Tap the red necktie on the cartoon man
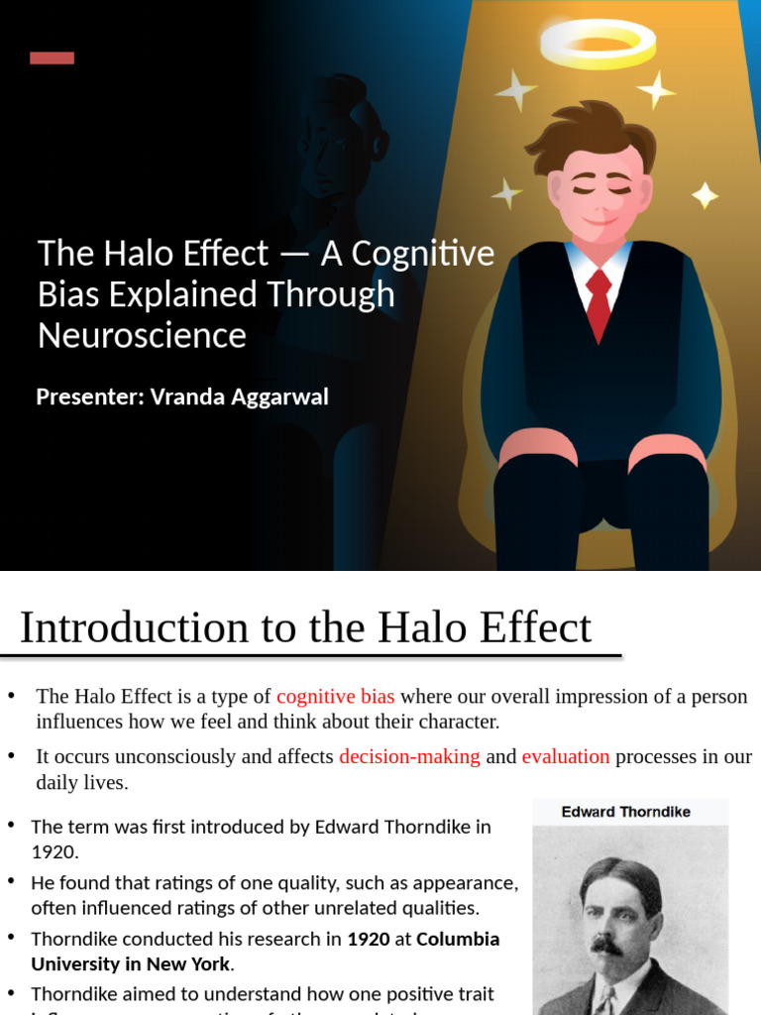[x=598, y=301]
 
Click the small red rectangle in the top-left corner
[x=52, y=57]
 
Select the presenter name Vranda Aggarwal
[x=239, y=397]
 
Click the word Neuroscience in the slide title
[x=142, y=335]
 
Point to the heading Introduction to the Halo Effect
[x=305, y=627]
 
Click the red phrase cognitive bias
[x=335, y=696]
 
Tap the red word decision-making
[x=409, y=756]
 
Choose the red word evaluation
[x=566, y=756]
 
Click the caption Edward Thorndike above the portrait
[x=626, y=812]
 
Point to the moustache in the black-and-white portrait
[x=607, y=945]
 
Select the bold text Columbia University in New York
[x=266, y=951]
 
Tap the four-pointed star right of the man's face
[x=705, y=194]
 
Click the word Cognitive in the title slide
[x=422, y=254]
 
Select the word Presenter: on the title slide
[x=89, y=397]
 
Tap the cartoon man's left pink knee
[x=537, y=448]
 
